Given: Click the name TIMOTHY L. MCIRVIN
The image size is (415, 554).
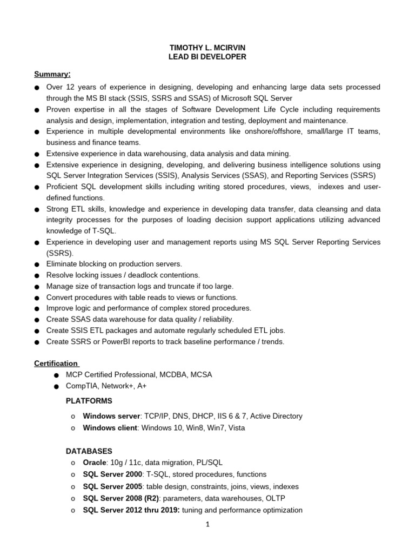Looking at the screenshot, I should (x=207, y=48).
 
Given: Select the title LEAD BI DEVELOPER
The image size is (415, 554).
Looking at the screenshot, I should (x=207, y=57).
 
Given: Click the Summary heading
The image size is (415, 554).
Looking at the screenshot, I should (x=52, y=74).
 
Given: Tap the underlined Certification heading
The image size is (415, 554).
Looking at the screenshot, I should (x=56, y=364).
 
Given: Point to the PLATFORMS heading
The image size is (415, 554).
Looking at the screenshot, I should (x=89, y=401).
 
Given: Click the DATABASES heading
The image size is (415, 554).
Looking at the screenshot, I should (x=89, y=451).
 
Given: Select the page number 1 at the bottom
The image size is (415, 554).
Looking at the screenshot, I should (x=207, y=524).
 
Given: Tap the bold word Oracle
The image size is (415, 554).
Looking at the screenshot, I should (x=95, y=463).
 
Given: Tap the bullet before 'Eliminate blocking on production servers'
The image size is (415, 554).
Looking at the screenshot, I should (x=36, y=265).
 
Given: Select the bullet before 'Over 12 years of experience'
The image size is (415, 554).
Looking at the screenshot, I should (x=36, y=88).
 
